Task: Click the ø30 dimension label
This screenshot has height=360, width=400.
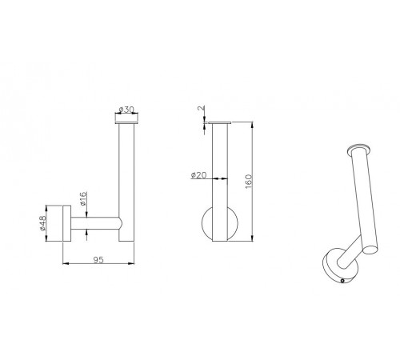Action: [126, 110]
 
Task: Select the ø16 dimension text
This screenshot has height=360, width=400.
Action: [83, 198]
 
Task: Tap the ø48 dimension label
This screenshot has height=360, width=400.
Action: [42, 223]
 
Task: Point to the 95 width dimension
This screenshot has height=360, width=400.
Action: [98, 260]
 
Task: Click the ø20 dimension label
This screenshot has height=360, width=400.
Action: [199, 175]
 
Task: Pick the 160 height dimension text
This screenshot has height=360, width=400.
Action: [248, 182]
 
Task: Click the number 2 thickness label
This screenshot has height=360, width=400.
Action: [202, 108]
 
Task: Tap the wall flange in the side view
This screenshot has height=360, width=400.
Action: [66, 223]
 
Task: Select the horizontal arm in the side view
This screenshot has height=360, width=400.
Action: [95, 223]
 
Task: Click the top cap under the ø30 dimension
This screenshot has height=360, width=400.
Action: [126, 123]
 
